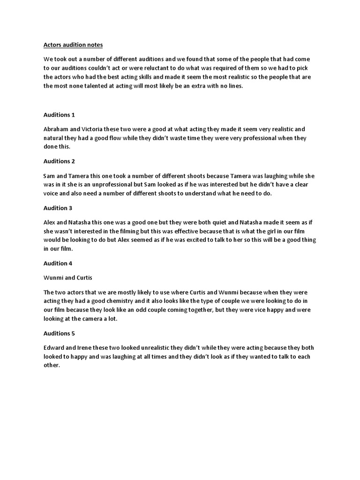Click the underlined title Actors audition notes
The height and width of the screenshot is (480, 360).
[x=73, y=45]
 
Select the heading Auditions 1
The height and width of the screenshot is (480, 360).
[x=59, y=115]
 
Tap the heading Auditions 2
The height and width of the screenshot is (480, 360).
[x=59, y=161]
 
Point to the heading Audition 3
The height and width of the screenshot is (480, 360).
[x=58, y=208]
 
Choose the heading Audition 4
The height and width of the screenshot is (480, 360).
[x=58, y=263]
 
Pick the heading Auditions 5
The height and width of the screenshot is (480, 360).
[x=59, y=333]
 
